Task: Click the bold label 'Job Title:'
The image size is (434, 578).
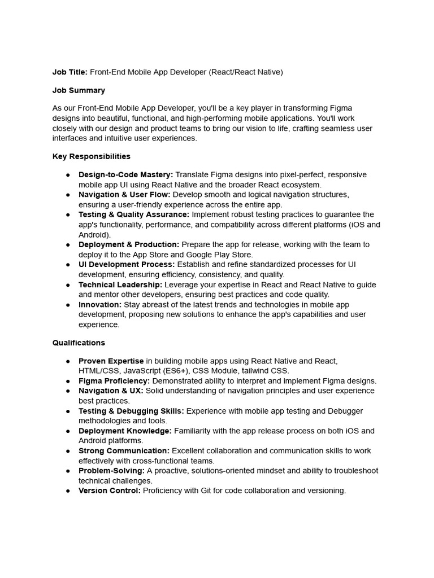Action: [70, 72]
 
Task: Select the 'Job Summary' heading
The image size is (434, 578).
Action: [79, 90]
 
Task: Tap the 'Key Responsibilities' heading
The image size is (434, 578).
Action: [92, 156]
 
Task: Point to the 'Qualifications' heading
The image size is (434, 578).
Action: [79, 343]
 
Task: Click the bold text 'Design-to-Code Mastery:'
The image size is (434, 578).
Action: [126, 174]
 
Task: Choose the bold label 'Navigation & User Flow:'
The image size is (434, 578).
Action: [124, 195]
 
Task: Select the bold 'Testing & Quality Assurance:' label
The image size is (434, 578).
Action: [134, 214]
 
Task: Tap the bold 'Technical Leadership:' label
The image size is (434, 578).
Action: [120, 284]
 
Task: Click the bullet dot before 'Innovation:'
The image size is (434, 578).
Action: [68, 305]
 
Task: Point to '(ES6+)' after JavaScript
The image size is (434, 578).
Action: [176, 371]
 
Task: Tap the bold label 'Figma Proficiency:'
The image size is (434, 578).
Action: [114, 381]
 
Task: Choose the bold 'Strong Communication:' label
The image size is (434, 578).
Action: [124, 450]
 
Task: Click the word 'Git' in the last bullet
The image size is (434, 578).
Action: [206, 491]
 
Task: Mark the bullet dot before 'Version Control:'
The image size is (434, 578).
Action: [68, 491]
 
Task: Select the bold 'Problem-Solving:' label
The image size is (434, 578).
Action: [111, 471]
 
